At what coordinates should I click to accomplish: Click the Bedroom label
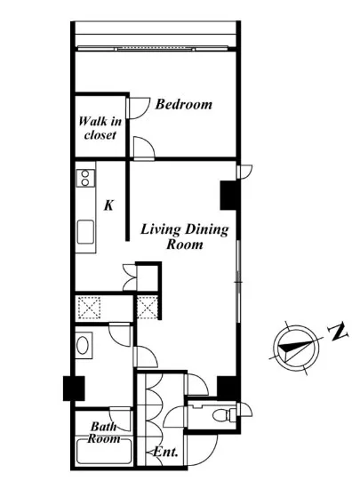point(184,104)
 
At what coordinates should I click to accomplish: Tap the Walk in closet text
point(100,128)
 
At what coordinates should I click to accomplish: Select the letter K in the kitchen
point(108,205)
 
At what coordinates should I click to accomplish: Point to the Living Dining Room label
point(185,236)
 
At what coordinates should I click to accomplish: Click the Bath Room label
point(104,433)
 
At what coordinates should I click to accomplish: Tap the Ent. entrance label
point(166,452)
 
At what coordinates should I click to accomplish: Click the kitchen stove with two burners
point(85,178)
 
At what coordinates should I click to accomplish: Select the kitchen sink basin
point(85,232)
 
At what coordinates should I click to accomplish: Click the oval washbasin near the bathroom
point(83,345)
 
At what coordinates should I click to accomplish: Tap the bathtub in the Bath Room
point(104,451)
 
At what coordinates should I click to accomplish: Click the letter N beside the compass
point(338,332)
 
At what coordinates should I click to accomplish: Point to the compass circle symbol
point(296,348)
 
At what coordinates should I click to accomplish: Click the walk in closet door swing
point(139,108)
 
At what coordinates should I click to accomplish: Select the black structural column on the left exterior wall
point(74,389)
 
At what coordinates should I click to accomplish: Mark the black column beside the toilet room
point(228,388)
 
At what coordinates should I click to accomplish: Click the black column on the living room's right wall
point(228,196)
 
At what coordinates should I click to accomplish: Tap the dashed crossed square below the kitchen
point(89,308)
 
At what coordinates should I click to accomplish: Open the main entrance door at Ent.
point(202,450)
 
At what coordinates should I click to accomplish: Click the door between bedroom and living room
point(144,148)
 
